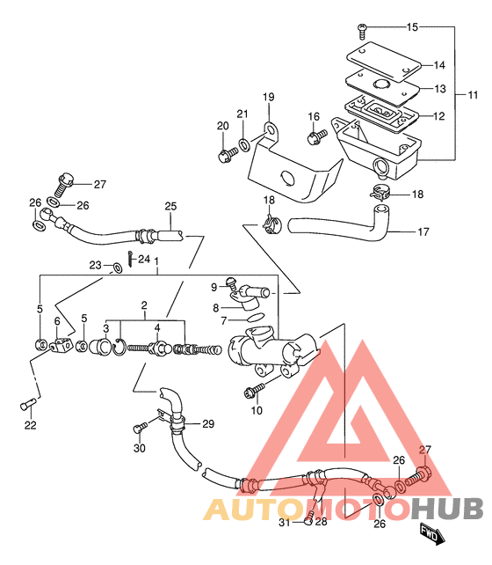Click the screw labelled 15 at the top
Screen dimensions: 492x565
point(362,32)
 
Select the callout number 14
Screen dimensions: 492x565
point(439,65)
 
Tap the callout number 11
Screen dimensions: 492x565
point(473,95)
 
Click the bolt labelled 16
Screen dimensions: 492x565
point(317,136)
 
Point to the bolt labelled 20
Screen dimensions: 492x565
point(228,155)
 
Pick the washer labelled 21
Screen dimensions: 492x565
point(245,145)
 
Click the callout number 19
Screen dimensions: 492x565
point(268,97)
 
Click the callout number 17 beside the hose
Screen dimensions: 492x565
point(423,231)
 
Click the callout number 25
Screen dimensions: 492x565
point(170,206)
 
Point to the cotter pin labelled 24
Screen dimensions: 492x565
point(130,259)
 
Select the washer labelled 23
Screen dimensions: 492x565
point(117,268)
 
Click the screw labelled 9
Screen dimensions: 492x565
point(230,283)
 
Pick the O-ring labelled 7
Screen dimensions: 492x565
point(256,318)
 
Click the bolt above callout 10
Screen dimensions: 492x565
point(254,390)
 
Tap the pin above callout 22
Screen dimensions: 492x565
point(28,404)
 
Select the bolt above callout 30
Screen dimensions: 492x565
point(140,428)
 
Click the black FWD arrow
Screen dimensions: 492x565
point(431,532)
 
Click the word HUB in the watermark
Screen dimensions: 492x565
point(447,509)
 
